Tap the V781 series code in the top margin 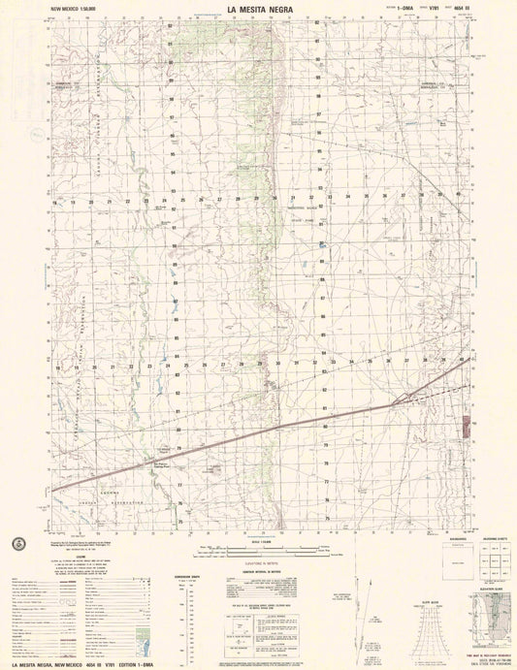412,11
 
